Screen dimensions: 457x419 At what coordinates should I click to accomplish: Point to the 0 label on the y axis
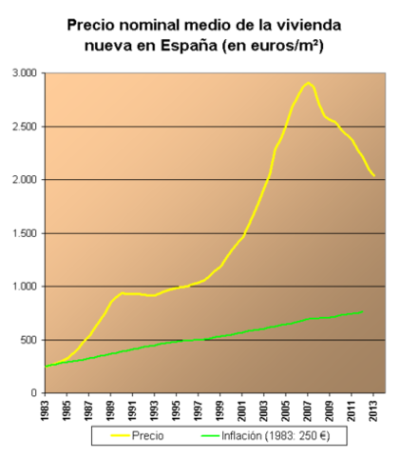(33, 393)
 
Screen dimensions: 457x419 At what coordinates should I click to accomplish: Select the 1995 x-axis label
(178, 411)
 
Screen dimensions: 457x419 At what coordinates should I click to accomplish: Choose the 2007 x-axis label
(308, 411)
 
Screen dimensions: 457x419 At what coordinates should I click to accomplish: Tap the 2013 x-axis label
(373, 411)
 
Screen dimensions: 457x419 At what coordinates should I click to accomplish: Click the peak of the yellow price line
(307, 83)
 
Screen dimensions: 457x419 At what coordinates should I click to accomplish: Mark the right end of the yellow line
(374, 176)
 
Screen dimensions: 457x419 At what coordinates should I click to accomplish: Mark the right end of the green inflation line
(362, 311)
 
